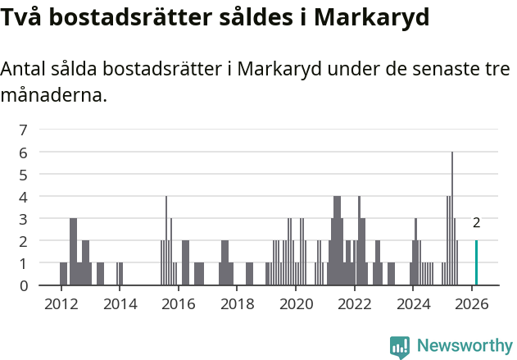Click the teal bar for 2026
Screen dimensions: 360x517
tap(476, 263)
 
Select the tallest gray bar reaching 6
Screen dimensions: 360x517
tap(451, 219)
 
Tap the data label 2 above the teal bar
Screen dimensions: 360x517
tap(476, 222)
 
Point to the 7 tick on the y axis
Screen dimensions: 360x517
tap(24, 130)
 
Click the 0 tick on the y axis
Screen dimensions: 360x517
tap(24, 285)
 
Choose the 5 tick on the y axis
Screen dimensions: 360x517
tap(24, 174)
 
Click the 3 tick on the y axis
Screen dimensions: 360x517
tap(24, 219)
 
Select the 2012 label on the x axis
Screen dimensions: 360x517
tap(61, 304)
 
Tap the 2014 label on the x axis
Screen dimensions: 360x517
tap(120, 304)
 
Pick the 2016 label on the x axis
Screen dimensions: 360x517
tap(179, 304)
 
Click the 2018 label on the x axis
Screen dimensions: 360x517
tap(237, 304)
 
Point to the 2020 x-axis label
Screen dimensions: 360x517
tap(296, 304)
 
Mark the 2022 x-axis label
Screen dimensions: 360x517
tap(355, 304)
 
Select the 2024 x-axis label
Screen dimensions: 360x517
tap(413, 304)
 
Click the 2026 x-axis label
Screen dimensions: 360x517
tap(472, 304)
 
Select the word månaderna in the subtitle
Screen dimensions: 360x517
tap(53, 95)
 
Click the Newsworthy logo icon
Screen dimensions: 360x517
tap(400, 347)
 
